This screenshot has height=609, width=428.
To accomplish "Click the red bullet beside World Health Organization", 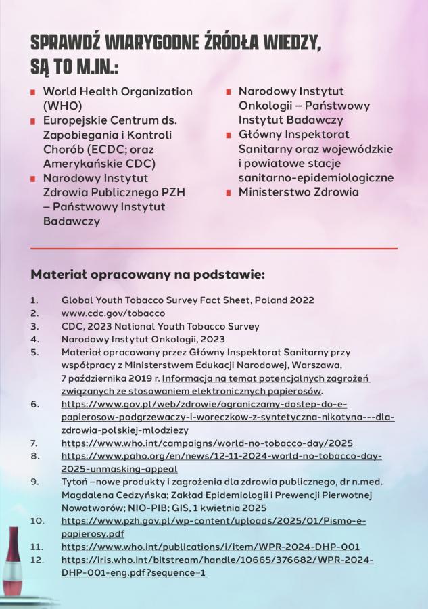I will (32, 92).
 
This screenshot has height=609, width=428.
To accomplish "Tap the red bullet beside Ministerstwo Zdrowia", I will (229, 193).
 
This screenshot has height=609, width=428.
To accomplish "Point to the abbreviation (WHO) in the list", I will (63, 106).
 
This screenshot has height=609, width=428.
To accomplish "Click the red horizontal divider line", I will (214, 248).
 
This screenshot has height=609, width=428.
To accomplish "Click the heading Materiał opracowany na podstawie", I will (148, 276).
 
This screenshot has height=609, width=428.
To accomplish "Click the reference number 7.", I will (34, 443).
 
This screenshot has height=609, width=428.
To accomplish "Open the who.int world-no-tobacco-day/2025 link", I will (207, 443).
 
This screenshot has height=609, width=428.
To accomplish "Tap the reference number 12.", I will (37, 560).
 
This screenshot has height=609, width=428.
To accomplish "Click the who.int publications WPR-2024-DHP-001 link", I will (210, 547).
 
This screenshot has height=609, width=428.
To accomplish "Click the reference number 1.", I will (34, 300).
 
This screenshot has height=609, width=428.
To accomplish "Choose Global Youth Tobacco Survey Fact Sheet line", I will (187, 300).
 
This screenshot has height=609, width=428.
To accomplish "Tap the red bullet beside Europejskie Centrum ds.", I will (32, 121).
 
